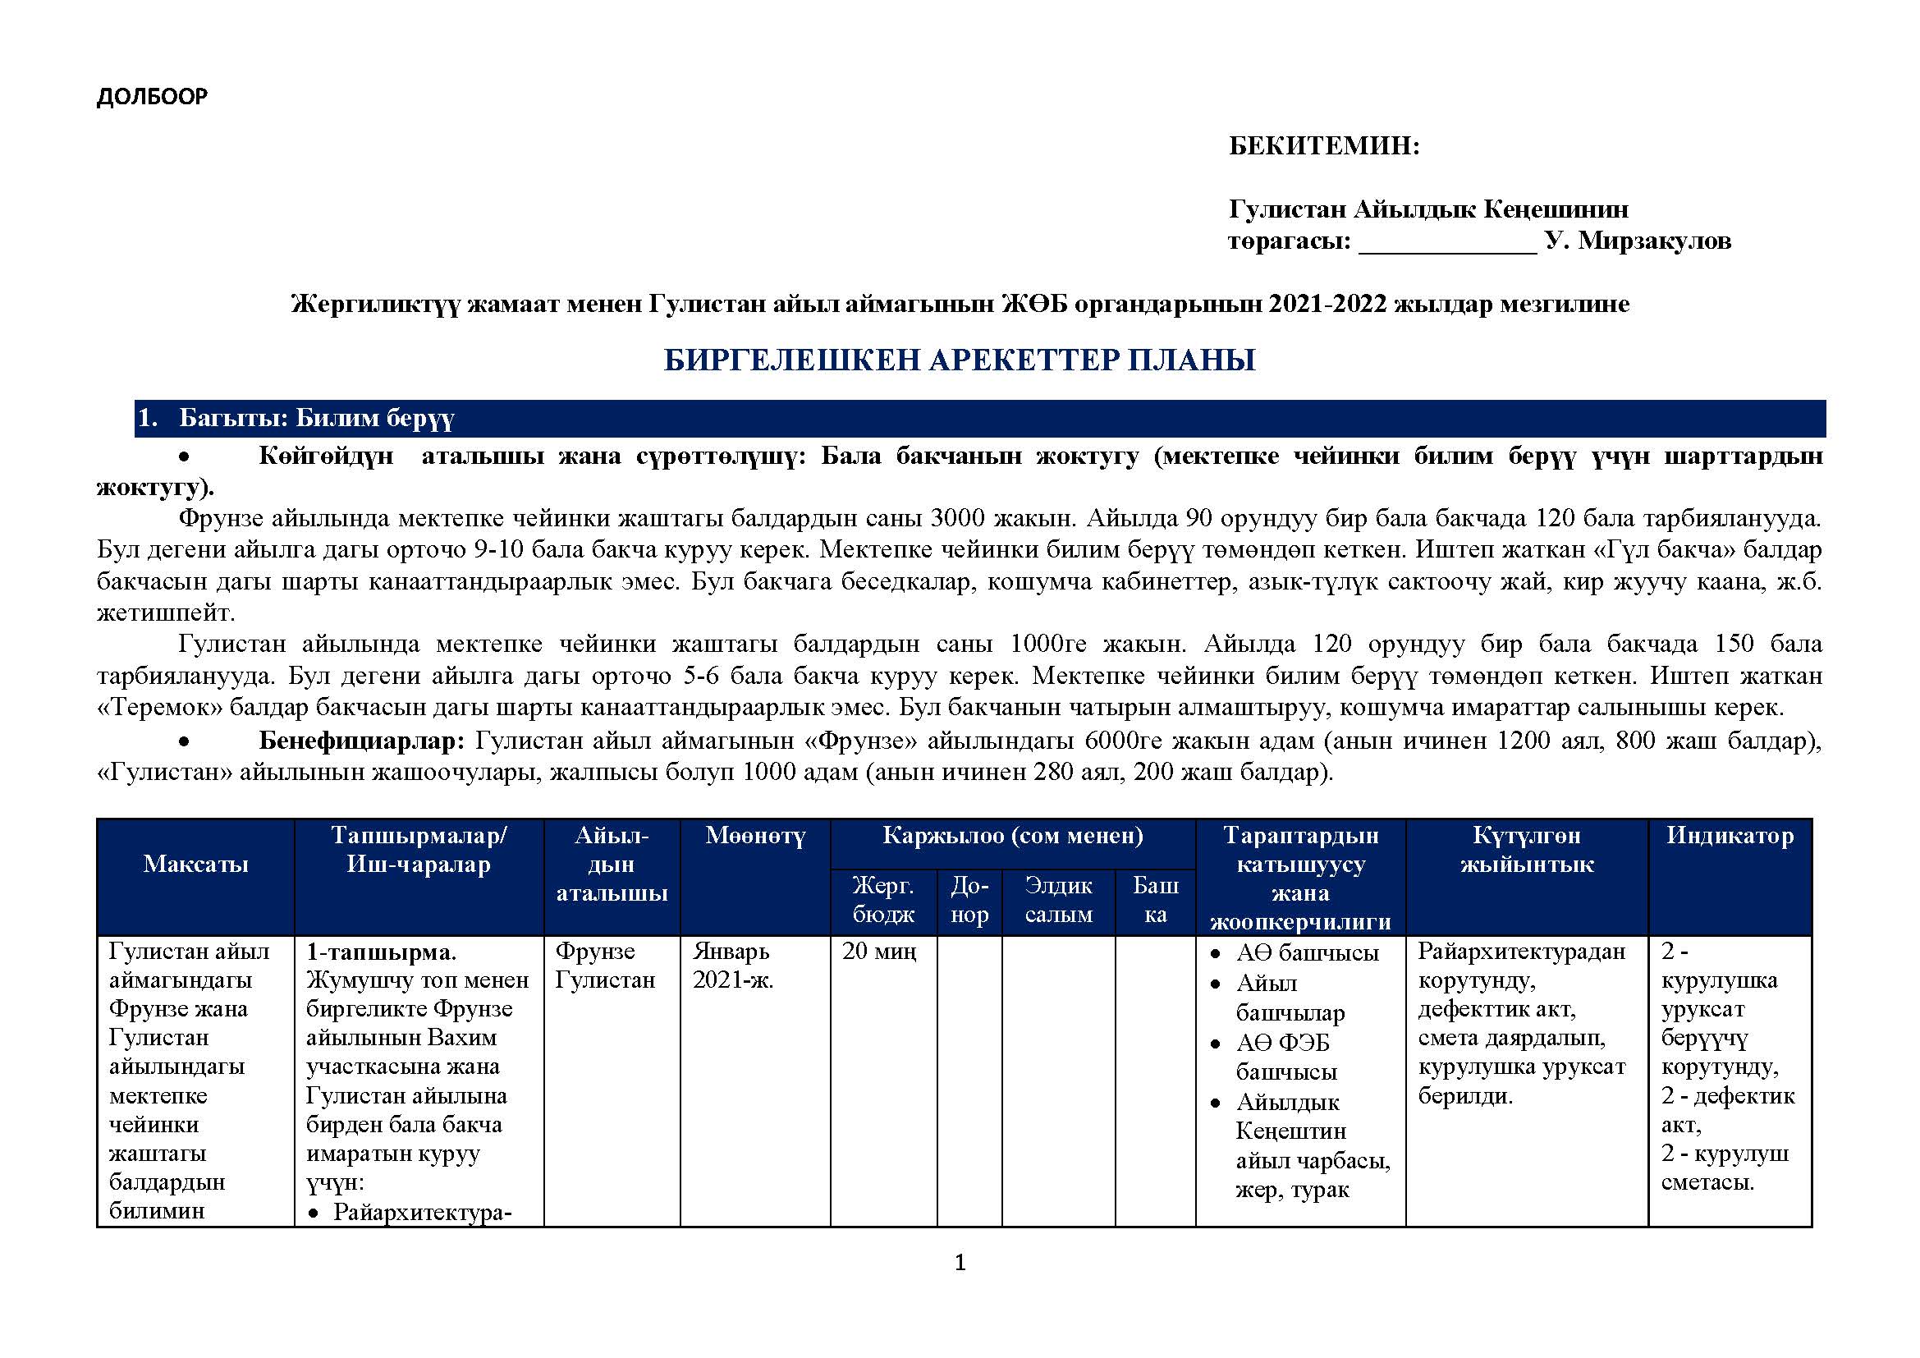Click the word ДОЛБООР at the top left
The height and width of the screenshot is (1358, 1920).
pos(152,97)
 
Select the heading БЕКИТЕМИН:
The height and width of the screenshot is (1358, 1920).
pos(1324,146)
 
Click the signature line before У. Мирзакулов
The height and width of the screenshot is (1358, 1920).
pos(1447,242)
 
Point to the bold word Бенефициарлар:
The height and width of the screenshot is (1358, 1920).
pos(361,740)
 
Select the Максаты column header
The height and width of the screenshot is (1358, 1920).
pos(195,864)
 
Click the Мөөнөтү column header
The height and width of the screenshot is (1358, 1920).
pos(755,835)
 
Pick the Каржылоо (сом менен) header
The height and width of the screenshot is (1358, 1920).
pos(1013,835)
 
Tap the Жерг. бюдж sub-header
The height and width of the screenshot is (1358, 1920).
pos(883,900)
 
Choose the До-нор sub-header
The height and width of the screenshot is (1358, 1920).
pos(969,900)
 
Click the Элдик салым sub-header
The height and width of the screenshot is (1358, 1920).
pos(1059,900)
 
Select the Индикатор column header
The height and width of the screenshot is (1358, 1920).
pos(1730,835)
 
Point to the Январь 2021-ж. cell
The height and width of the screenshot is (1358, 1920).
pos(732,966)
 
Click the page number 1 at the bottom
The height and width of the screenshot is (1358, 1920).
pos(960,1263)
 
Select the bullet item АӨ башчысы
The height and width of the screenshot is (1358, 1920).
pos(1307,953)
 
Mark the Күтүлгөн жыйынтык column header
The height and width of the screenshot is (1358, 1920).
pos(1527,850)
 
